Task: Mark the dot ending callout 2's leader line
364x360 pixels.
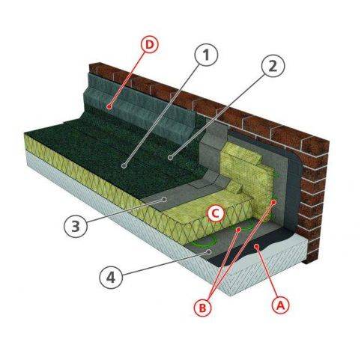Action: tap(170, 158)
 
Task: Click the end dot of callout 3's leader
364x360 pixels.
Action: tap(167, 200)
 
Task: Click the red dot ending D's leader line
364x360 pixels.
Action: tap(109, 107)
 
